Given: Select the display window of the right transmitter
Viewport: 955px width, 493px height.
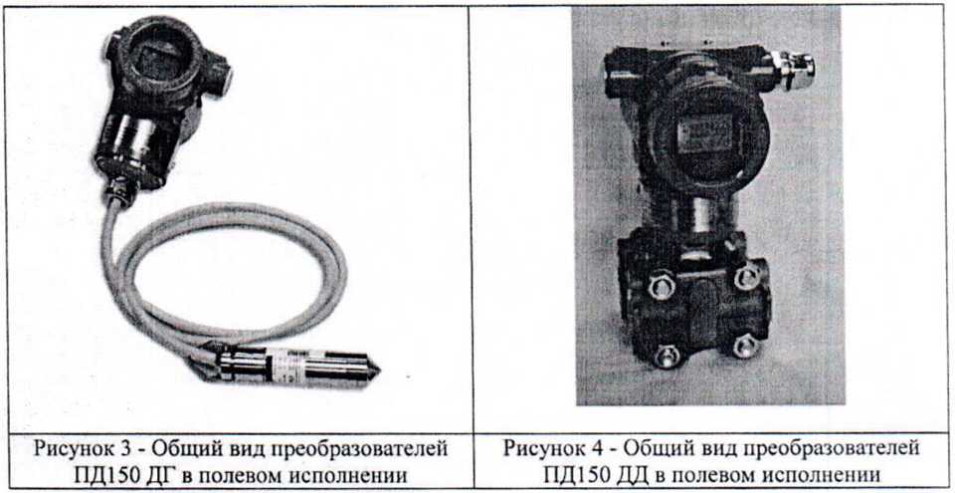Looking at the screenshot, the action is [x=705, y=134].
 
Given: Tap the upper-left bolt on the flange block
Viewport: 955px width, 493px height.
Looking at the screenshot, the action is [x=662, y=285].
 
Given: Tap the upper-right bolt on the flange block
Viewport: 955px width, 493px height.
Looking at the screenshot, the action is [x=747, y=277].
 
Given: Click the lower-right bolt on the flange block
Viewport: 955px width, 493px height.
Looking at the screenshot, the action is [x=745, y=346].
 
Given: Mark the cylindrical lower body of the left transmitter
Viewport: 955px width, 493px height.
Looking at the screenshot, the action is [x=136, y=148].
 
